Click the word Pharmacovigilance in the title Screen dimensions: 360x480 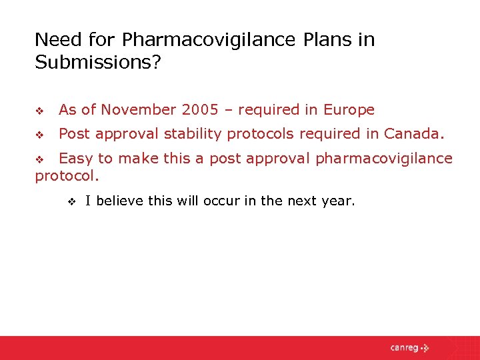(x=201, y=40)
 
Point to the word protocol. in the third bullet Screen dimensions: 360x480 (x=67, y=177)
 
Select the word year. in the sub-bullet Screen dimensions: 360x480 (x=337, y=201)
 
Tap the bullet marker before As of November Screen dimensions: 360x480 (x=39, y=111)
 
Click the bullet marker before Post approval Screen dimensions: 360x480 (x=39, y=135)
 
